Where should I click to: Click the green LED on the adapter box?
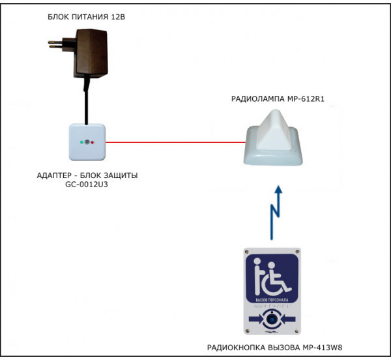81,141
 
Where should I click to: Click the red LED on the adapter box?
93,141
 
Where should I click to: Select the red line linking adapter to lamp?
176,141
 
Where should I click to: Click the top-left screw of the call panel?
246,253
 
